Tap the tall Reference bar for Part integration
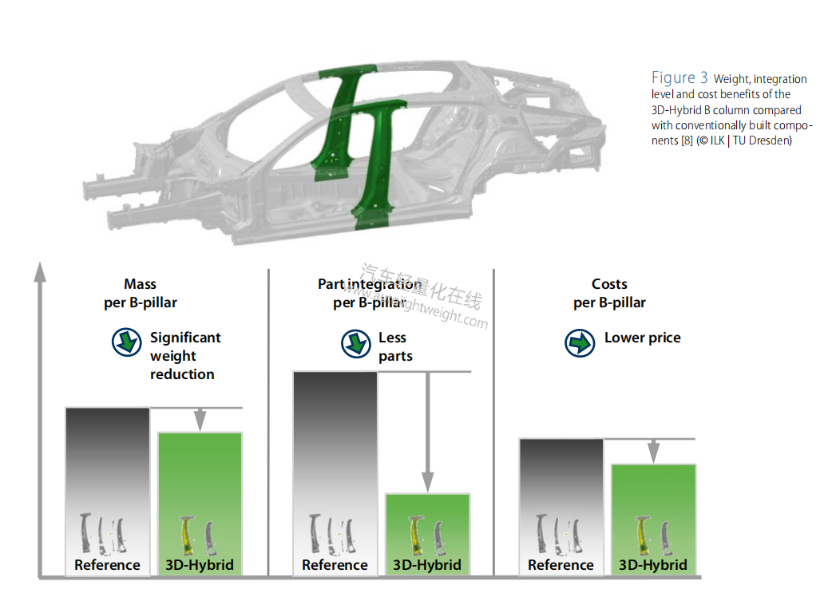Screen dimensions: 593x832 [335, 447]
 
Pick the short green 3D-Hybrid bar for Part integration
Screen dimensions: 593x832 [427, 519]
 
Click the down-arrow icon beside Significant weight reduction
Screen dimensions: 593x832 [126, 342]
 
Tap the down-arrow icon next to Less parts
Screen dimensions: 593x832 [356, 343]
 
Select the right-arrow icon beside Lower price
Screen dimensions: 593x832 [580, 342]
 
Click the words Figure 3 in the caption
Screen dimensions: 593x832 [679, 77]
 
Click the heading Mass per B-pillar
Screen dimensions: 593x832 [141, 293]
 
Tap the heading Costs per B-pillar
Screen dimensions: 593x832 [609, 293]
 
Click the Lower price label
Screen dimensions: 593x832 [642, 338]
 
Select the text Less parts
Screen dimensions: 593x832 [395, 346]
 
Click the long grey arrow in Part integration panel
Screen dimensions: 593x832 [428, 431]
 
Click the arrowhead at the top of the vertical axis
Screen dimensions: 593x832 [40, 272]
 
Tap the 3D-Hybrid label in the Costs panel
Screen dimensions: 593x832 [653, 565]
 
